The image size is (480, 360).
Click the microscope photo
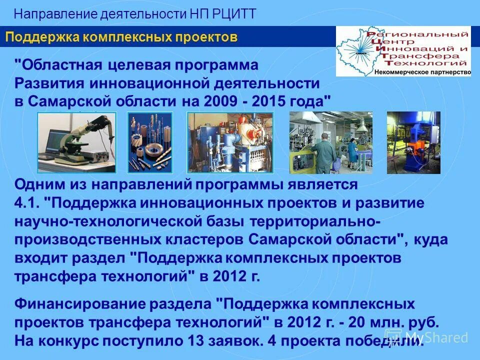coord(77,142)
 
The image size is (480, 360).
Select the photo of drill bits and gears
coord(150,142)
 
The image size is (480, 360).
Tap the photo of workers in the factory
coord(330,142)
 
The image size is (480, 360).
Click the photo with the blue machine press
coord(413,142)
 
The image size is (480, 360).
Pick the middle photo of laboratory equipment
coord(230,142)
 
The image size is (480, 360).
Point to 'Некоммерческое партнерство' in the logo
coord(422,72)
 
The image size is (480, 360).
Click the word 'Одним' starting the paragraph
coord(35,184)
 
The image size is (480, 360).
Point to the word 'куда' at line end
coord(430,240)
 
